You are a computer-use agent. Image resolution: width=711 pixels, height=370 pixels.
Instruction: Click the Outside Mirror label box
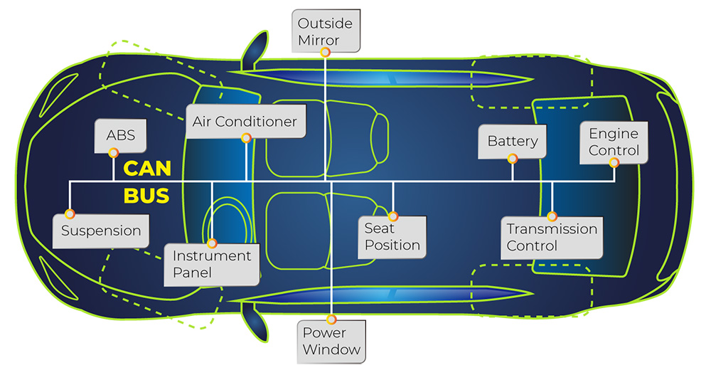tap(325, 31)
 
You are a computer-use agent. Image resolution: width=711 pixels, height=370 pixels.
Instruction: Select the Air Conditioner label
tap(245, 121)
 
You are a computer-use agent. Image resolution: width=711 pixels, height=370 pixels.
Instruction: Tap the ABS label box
tap(114, 135)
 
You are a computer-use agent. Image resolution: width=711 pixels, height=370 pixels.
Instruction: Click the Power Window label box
tap(332, 341)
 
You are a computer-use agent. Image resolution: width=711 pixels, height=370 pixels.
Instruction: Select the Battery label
tap(512, 142)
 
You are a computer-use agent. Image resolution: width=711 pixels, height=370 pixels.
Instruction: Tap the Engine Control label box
tap(614, 142)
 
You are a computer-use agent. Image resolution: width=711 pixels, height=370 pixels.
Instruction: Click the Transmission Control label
tap(552, 238)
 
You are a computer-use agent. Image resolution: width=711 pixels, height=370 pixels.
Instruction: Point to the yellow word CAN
tap(148, 169)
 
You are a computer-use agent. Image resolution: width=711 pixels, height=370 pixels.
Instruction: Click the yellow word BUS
tap(146, 196)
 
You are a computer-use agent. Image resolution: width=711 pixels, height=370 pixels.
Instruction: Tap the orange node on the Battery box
tap(512, 159)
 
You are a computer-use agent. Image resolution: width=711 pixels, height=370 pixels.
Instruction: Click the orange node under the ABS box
tap(113, 153)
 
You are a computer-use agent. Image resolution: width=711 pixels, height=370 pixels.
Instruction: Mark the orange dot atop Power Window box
tap(332, 319)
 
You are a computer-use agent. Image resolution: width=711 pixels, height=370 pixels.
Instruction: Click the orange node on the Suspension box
tap(70, 213)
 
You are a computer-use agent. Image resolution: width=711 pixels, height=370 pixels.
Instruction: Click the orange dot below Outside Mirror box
tap(325, 52)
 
